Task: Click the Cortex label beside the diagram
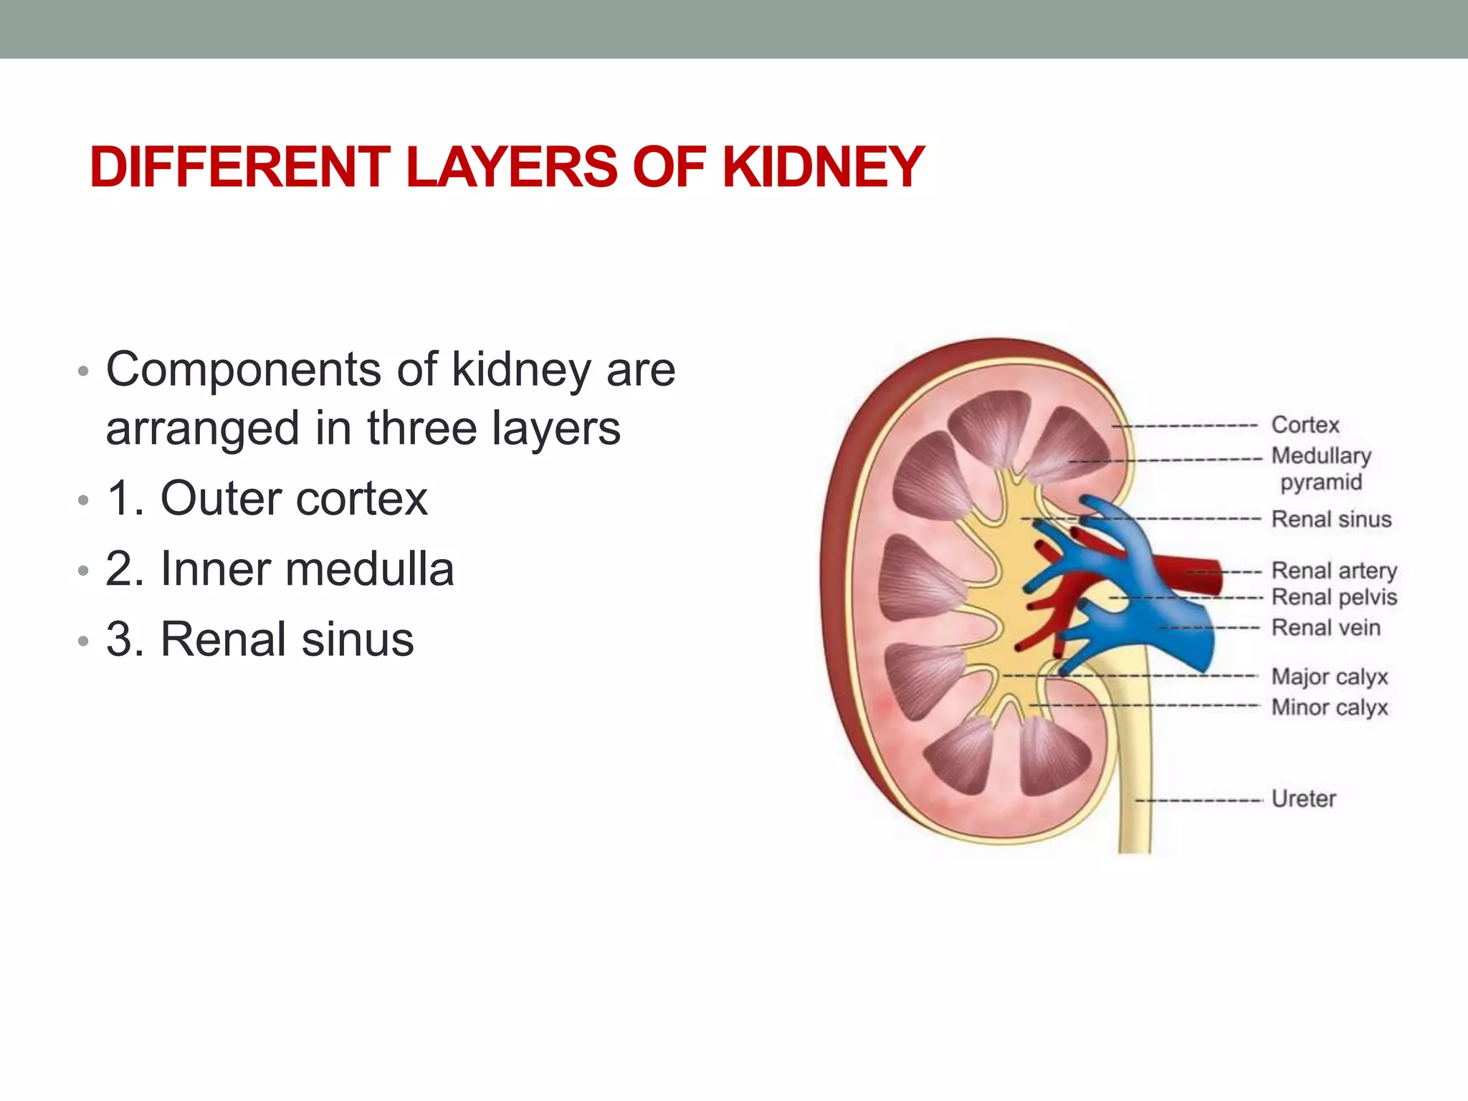pos(1305,425)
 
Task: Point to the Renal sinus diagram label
pos(1331,519)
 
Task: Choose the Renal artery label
pos(1334,571)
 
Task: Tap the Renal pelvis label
pos(1334,597)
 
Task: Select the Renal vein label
pos(1325,628)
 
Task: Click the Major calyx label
pos(1330,677)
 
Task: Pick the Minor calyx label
pos(1330,707)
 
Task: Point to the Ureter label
pos(1304,799)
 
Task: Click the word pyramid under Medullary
pos(1321,482)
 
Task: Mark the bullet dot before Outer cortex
pos(84,501)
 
